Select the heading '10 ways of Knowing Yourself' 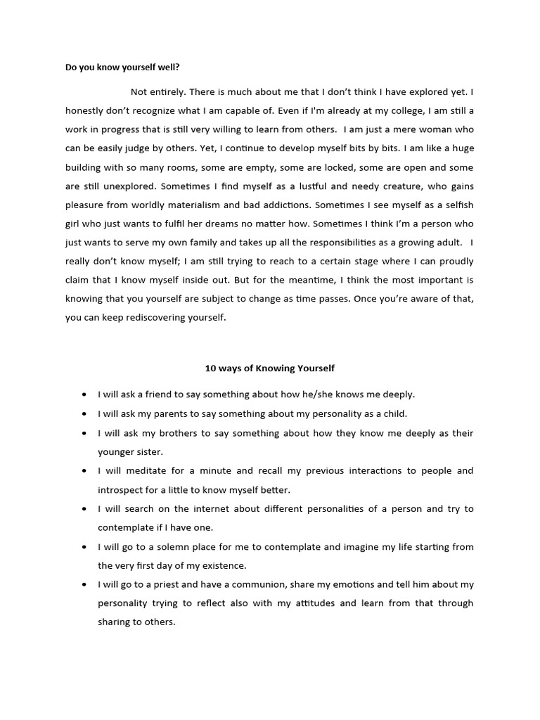click(x=270, y=368)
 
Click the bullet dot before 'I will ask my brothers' click(x=84, y=433)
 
